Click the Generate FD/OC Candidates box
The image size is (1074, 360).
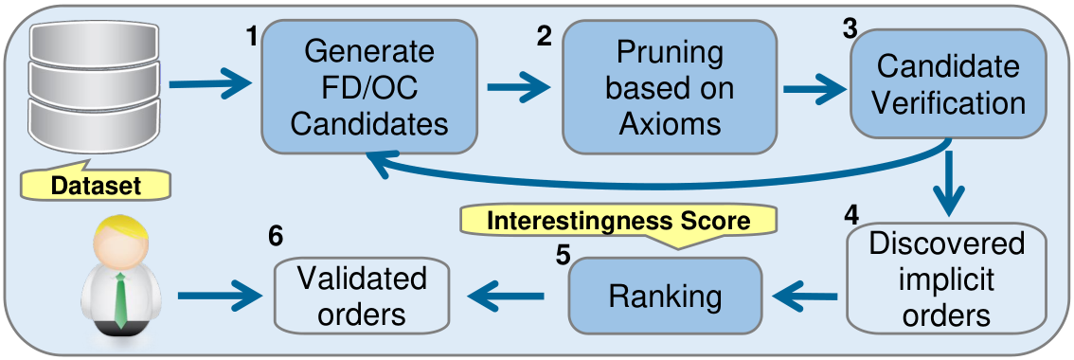click(x=368, y=86)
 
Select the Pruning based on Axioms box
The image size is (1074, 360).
click(x=670, y=86)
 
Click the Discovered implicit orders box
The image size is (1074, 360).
click(x=946, y=277)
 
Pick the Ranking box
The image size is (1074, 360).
click(x=665, y=297)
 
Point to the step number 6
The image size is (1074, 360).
click(x=275, y=237)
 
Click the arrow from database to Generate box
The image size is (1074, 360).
click(x=211, y=85)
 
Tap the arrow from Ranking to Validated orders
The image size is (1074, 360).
click(x=506, y=297)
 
